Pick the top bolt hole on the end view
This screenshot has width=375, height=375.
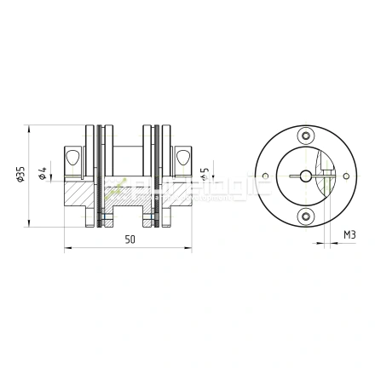306,135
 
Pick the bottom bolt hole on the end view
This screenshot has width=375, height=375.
306,216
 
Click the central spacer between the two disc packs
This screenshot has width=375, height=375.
128,162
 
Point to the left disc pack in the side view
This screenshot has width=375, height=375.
101,176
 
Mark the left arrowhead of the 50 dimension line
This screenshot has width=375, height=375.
68,250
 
